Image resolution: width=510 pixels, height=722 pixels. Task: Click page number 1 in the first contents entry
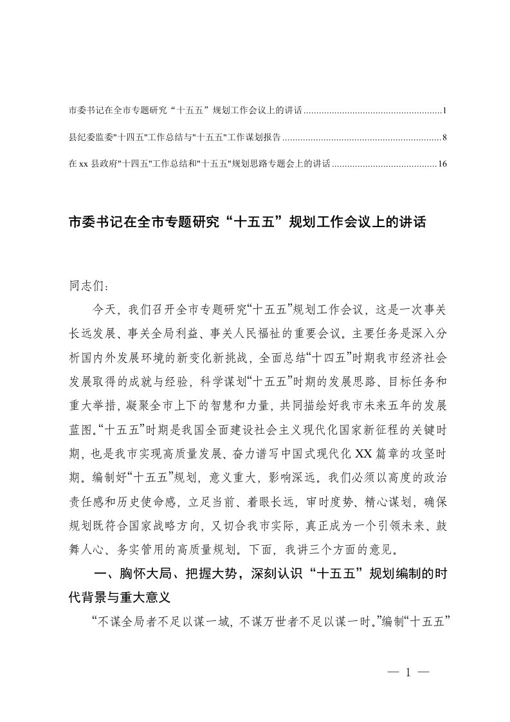pyautogui.click(x=444, y=111)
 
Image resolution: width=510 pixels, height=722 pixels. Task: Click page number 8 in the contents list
pyautogui.click(x=444, y=138)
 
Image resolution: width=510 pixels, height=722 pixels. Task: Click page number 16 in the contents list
pyautogui.click(x=442, y=164)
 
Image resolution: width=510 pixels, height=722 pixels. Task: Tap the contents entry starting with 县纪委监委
pyautogui.click(x=173, y=138)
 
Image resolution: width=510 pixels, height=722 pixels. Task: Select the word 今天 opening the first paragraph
pyautogui.click(x=105, y=310)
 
